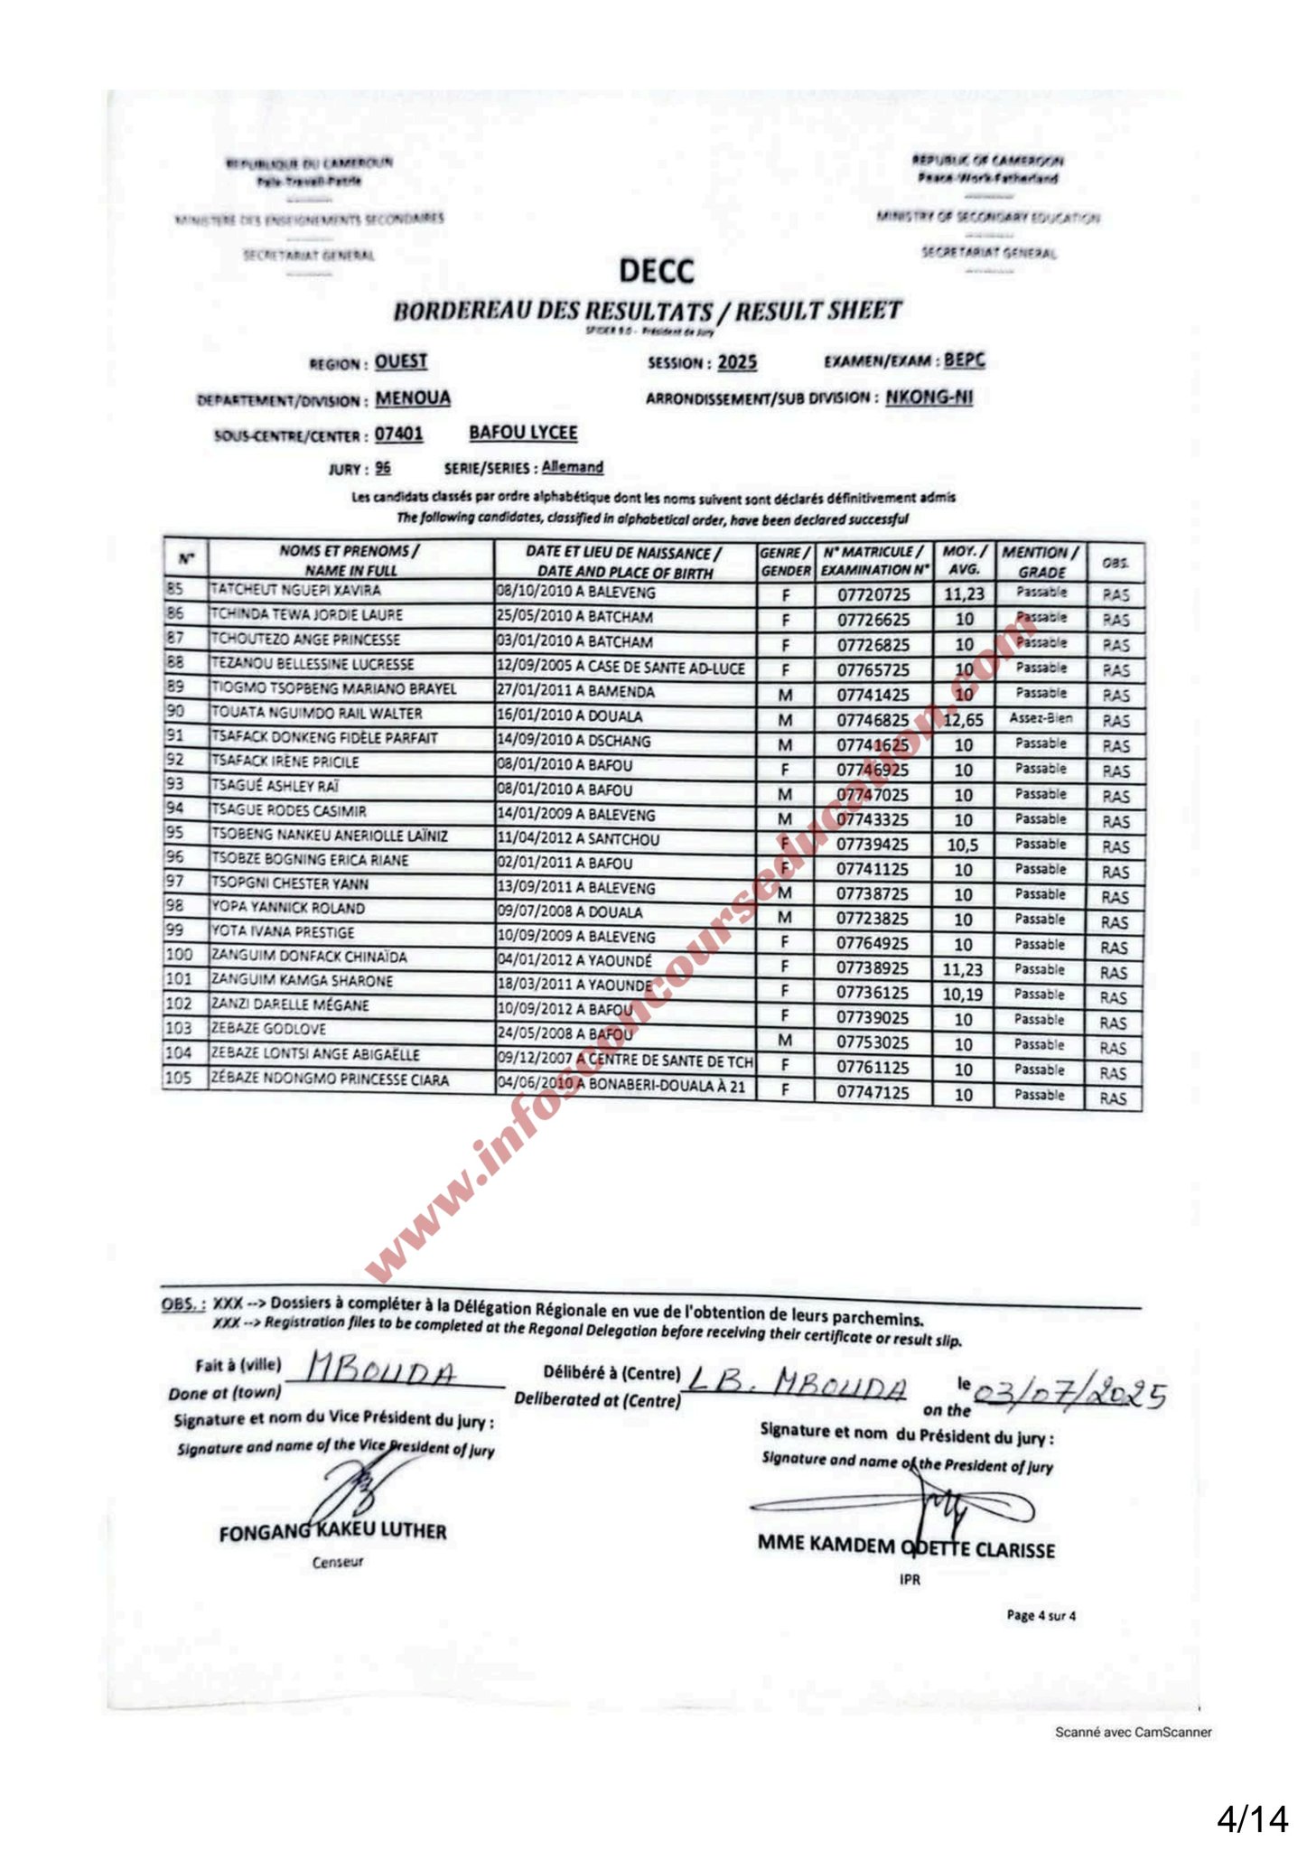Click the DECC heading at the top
pos(657,271)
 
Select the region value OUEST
pos(401,362)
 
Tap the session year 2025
pos(737,363)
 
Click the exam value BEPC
pos(965,360)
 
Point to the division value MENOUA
pos(413,398)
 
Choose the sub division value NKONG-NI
pos(929,397)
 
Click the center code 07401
pos(398,434)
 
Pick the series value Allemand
pos(572,467)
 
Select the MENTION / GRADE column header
pos(1041,562)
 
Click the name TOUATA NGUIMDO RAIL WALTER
pos(316,714)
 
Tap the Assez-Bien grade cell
pos(1041,719)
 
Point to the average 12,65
pos(963,720)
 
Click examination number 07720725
pos(873,595)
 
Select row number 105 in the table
pos(179,1078)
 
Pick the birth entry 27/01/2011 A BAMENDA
pos(575,692)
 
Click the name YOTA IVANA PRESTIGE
pos(283,932)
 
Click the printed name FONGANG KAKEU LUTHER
pos(332,1532)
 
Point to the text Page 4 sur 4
pos(1041,1615)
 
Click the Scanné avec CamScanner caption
pos(1133,1733)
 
